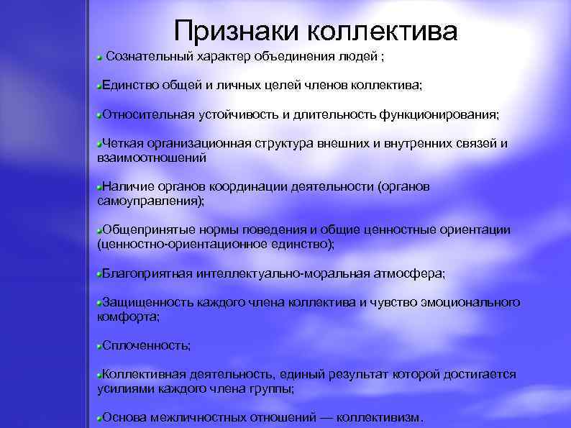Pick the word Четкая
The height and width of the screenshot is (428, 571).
point(124,142)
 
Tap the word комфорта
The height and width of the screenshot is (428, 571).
point(127,317)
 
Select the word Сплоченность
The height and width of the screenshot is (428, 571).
point(146,346)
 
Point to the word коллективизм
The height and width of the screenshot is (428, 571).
point(380,417)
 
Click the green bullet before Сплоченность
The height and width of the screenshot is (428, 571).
point(99,346)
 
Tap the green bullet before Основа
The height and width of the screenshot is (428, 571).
point(99,417)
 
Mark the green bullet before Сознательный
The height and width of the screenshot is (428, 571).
point(100,56)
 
